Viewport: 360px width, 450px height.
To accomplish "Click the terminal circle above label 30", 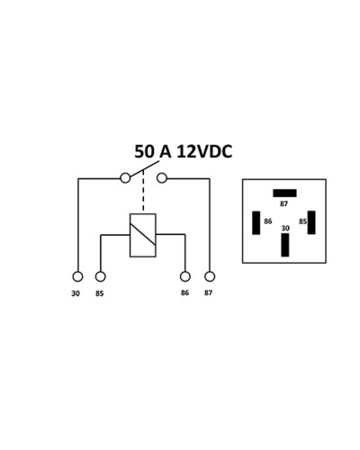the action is (77, 276).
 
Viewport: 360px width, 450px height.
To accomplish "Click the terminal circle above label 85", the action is (101, 276).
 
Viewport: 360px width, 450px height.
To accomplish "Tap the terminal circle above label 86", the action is (185, 276).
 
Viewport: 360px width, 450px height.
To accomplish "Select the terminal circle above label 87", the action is (210, 276).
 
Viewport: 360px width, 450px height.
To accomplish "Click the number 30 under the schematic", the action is (76, 293).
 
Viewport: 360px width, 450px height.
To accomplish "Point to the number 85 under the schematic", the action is (100, 293).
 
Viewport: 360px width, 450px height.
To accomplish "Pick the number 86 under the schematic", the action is (184, 292).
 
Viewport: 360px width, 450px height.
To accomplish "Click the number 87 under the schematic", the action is (208, 292).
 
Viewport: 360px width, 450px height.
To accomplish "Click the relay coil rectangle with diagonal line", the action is (143, 235).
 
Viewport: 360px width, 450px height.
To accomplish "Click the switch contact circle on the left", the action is (125, 178).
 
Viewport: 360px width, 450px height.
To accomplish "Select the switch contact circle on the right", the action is (162, 178).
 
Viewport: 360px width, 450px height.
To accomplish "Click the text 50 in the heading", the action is (144, 151).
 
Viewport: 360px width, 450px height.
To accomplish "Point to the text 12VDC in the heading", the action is (204, 151).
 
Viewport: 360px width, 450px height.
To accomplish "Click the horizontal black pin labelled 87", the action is (284, 193).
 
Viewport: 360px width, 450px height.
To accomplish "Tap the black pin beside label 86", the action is (256, 223).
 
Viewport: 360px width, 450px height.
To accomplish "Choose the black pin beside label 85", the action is (311, 222).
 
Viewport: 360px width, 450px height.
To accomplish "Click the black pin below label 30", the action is (285, 245).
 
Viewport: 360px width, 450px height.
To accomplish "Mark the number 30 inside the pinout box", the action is (285, 229).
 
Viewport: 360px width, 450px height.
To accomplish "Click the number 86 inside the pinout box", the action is (268, 221).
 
